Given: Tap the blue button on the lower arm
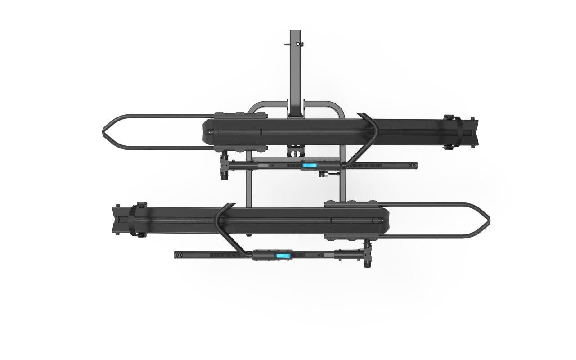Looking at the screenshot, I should pos(283,256).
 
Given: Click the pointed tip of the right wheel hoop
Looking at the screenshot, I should pos(490,220).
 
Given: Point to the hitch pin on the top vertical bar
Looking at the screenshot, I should pos(286,44).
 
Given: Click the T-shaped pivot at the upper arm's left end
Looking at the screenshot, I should pos(225,166).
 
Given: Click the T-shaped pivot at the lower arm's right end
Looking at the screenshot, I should pos(368,255).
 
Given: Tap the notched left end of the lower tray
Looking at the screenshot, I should pos(117,220).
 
